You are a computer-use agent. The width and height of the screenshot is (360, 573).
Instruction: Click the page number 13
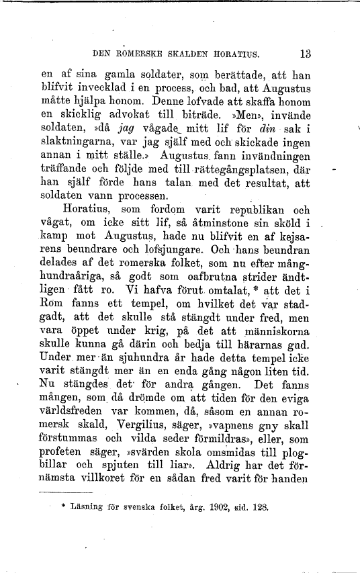tap(306, 53)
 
